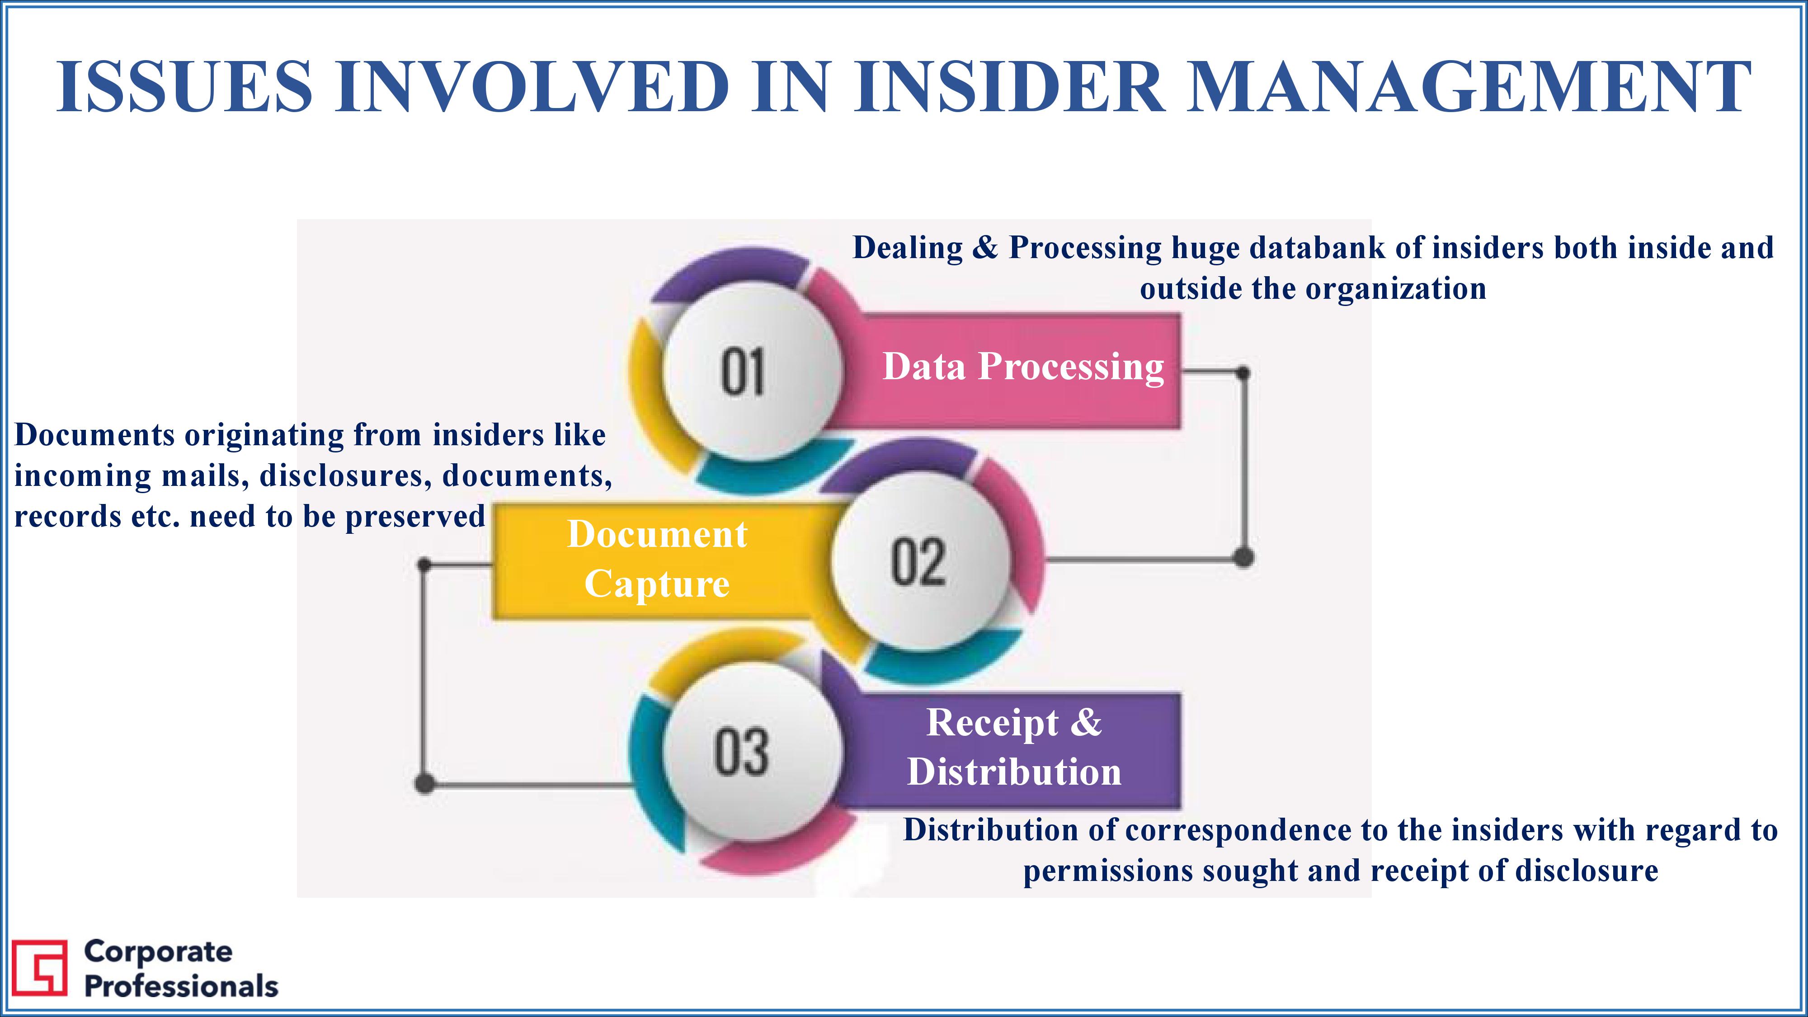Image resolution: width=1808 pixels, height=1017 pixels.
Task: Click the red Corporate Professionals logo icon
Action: pyautogui.click(x=40, y=968)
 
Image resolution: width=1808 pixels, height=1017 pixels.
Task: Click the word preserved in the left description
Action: pyautogui.click(x=415, y=517)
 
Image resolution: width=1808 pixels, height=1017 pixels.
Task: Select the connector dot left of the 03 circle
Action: pyautogui.click(x=424, y=783)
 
